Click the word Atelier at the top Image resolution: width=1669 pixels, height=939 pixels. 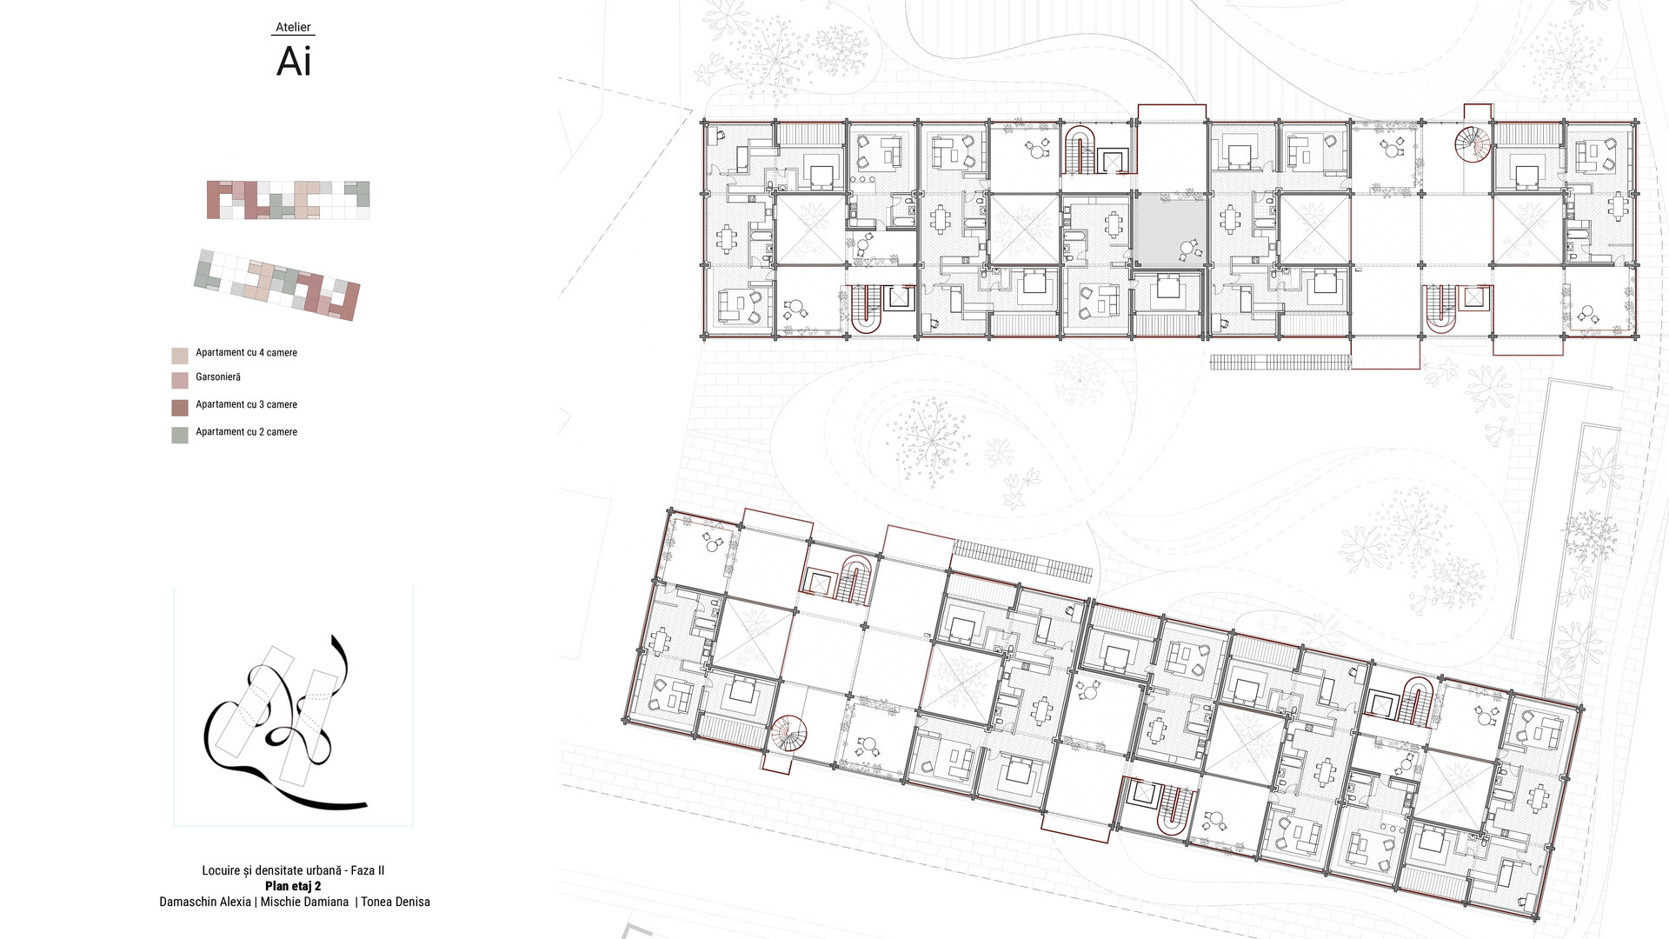293,27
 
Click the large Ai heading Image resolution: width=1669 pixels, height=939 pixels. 294,62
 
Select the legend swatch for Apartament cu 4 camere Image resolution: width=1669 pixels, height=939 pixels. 180,356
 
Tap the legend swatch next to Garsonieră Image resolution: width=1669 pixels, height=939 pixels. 180,380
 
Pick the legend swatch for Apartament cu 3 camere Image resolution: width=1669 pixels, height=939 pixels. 180,408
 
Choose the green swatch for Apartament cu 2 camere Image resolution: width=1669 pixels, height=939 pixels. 180,436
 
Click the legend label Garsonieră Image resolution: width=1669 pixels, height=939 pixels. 218,377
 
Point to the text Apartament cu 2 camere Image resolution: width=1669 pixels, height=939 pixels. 246,432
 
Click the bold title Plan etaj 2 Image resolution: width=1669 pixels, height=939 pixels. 293,886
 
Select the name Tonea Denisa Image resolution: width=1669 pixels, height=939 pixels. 396,902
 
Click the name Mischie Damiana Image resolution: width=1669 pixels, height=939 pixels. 304,902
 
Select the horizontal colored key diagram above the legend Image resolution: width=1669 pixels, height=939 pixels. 289,200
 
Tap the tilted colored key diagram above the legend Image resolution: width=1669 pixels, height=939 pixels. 277,284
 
